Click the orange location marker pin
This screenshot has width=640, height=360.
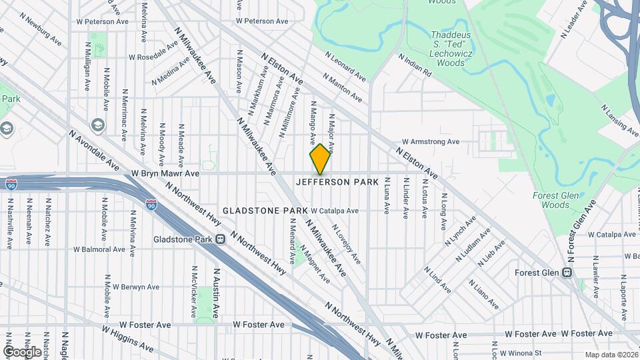pyautogui.click(x=320, y=159)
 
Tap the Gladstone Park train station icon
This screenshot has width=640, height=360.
pyautogui.click(x=219, y=240)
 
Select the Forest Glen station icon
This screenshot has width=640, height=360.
pyautogui.click(x=567, y=273)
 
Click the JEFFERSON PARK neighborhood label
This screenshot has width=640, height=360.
pyautogui.click(x=337, y=182)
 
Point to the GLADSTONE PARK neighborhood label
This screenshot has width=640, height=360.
pyautogui.click(x=265, y=211)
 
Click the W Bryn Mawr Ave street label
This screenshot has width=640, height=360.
pyautogui.click(x=165, y=173)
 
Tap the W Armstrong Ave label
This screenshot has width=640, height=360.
pyautogui.click(x=431, y=142)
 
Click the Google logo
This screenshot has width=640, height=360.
pyautogui.click(x=22, y=351)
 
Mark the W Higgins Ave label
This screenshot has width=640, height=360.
pyautogui.click(x=127, y=338)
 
